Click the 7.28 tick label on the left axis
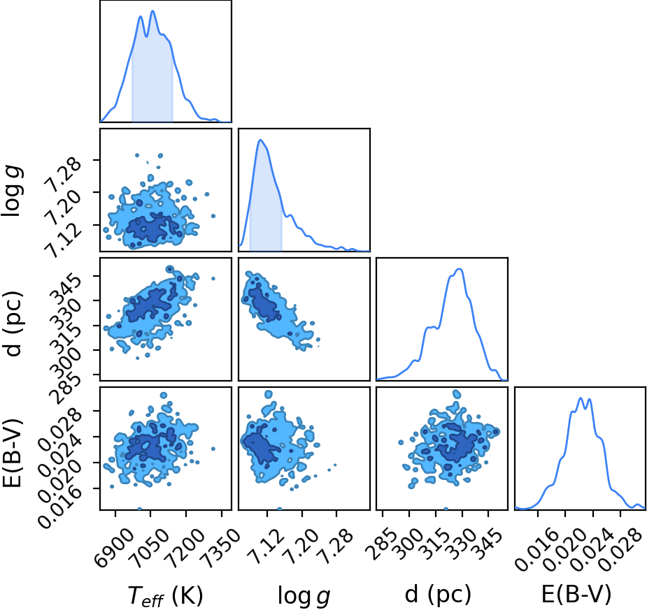(60, 178)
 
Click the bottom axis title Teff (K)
(166, 595)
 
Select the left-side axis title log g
(13, 191)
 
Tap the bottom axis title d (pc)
(438, 594)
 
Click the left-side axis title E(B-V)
(13, 453)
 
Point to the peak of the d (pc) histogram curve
(460, 269)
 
